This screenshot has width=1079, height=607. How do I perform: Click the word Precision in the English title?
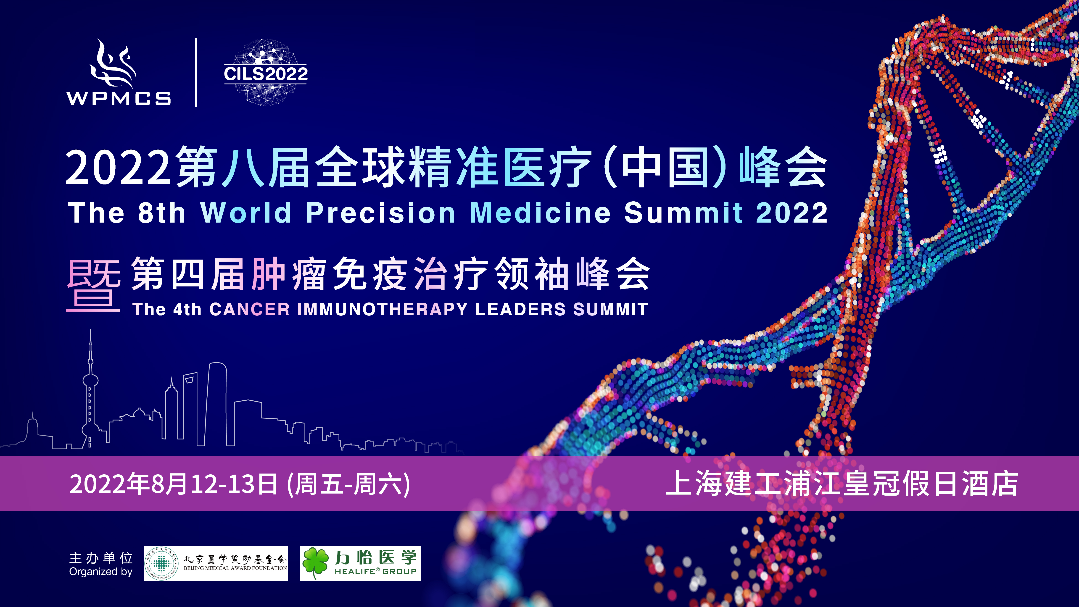point(380,213)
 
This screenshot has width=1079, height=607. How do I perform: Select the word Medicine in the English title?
point(540,213)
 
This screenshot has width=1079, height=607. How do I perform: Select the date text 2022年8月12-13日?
point(173,484)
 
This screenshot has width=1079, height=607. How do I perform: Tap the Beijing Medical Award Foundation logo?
point(215,563)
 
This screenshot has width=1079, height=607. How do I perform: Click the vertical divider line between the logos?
point(196,72)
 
